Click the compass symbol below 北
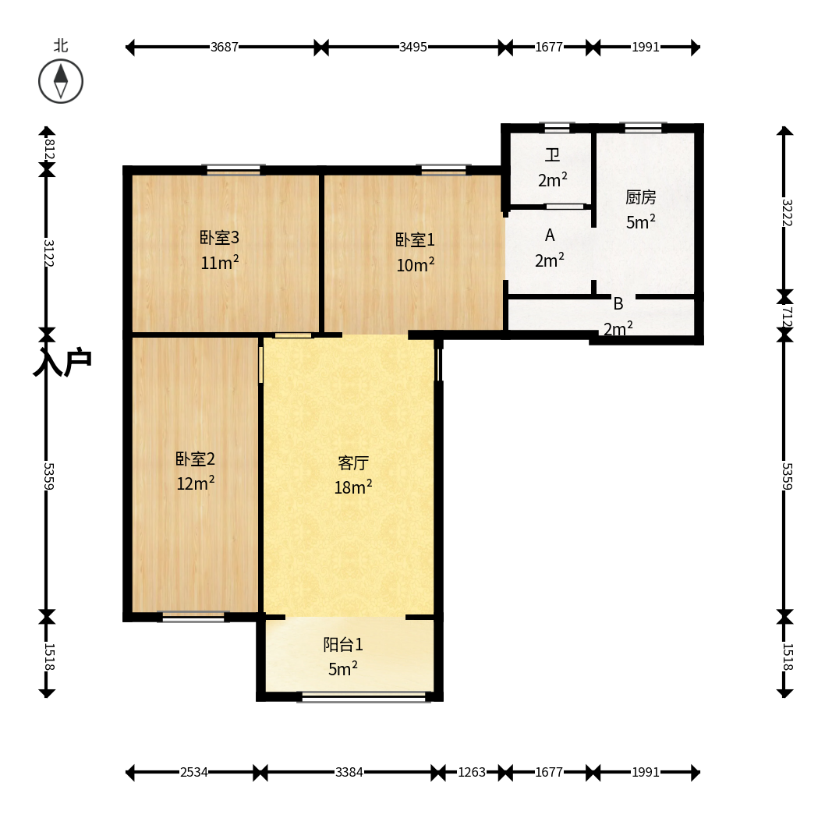(x=61, y=81)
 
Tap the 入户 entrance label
(x=62, y=362)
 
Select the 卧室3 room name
(x=219, y=238)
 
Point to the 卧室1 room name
(x=415, y=240)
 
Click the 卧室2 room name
(x=195, y=459)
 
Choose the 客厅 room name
(x=353, y=463)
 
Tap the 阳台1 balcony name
(x=343, y=645)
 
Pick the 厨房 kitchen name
(x=641, y=197)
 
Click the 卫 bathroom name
(x=552, y=155)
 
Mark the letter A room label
(x=550, y=235)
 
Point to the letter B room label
(x=618, y=303)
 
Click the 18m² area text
(x=353, y=487)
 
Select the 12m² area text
(x=195, y=483)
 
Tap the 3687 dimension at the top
(x=225, y=47)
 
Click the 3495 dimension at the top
(x=413, y=47)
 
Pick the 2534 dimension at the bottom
(x=194, y=772)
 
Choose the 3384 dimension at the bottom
(x=349, y=772)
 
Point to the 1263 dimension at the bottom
(x=472, y=772)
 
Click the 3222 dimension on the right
(x=787, y=213)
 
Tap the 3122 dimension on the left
(x=48, y=253)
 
